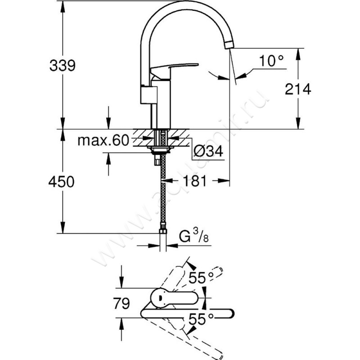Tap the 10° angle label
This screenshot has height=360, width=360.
coord(272,60)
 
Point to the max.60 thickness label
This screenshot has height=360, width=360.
coord(103,141)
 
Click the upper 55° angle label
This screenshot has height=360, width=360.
coord(198,278)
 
